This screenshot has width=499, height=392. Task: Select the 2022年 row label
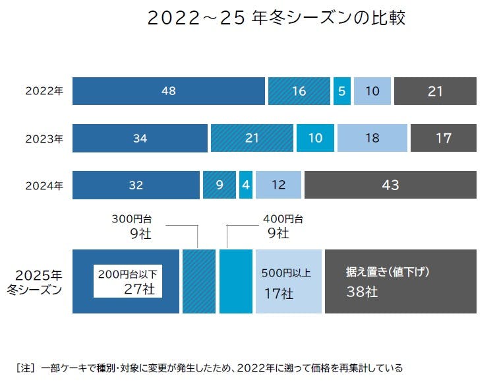point(44,91)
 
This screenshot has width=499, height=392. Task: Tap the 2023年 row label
point(44,139)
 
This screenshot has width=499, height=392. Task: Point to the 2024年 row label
point(44,185)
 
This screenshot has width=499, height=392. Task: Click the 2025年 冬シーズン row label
point(39,282)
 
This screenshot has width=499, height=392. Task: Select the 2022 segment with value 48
point(168,91)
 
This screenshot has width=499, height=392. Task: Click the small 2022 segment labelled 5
point(341,91)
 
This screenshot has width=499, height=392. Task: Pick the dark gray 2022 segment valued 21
point(435,91)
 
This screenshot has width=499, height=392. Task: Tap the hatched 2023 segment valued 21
point(252,139)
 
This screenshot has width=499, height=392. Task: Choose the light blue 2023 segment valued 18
point(372,139)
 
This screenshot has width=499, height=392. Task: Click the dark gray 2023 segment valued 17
point(443,139)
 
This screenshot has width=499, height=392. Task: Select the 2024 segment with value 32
point(136,185)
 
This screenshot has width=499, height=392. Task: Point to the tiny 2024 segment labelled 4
point(246,185)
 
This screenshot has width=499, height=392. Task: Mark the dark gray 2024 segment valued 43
point(390,185)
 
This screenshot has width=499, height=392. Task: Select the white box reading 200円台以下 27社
point(128,280)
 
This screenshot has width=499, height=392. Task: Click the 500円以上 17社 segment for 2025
point(288,282)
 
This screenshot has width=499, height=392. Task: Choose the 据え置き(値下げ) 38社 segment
point(400,282)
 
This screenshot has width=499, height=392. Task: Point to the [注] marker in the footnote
point(24,368)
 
